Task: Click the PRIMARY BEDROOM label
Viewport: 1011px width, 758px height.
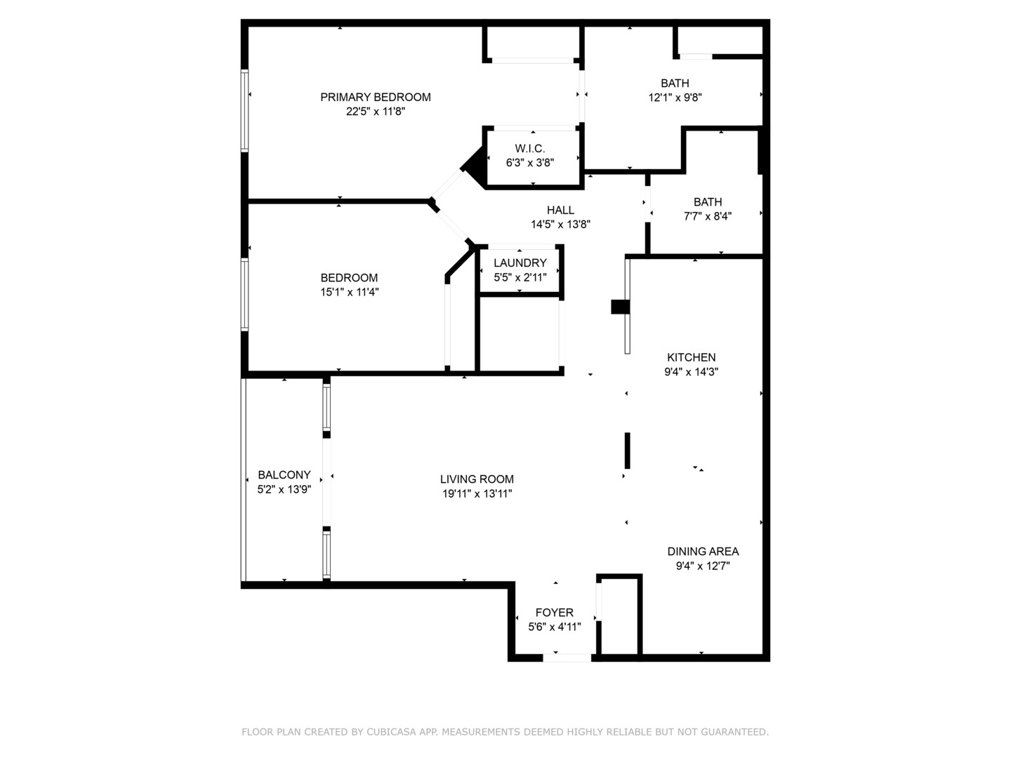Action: coord(375,97)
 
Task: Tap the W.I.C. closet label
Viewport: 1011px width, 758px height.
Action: coord(529,148)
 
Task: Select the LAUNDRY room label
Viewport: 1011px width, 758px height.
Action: coord(520,262)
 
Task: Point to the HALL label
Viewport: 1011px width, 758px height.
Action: coord(560,210)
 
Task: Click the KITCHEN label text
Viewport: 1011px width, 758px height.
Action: coord(691,357)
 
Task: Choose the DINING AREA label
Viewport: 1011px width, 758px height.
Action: coord(702,551)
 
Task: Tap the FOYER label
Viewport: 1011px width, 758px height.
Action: coord(554,613)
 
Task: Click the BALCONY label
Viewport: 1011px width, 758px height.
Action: coord(284,475)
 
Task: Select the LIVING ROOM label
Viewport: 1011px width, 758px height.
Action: coord(477,479)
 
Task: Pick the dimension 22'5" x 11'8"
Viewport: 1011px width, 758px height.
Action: coord(375,112)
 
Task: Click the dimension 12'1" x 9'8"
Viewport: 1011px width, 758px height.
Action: coord(675,98)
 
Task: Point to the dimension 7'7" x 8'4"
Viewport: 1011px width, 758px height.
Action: coord(707,216)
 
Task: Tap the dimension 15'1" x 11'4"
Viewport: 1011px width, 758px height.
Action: coord(349,292)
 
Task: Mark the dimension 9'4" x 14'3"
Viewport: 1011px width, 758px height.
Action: coord(691,372)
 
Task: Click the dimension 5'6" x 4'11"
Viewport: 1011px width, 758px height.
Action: coord(554,627)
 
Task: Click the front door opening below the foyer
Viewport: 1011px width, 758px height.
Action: coord(567,658)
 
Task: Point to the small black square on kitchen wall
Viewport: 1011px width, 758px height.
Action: coord(620,307)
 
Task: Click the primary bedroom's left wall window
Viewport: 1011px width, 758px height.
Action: coord(245,110)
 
